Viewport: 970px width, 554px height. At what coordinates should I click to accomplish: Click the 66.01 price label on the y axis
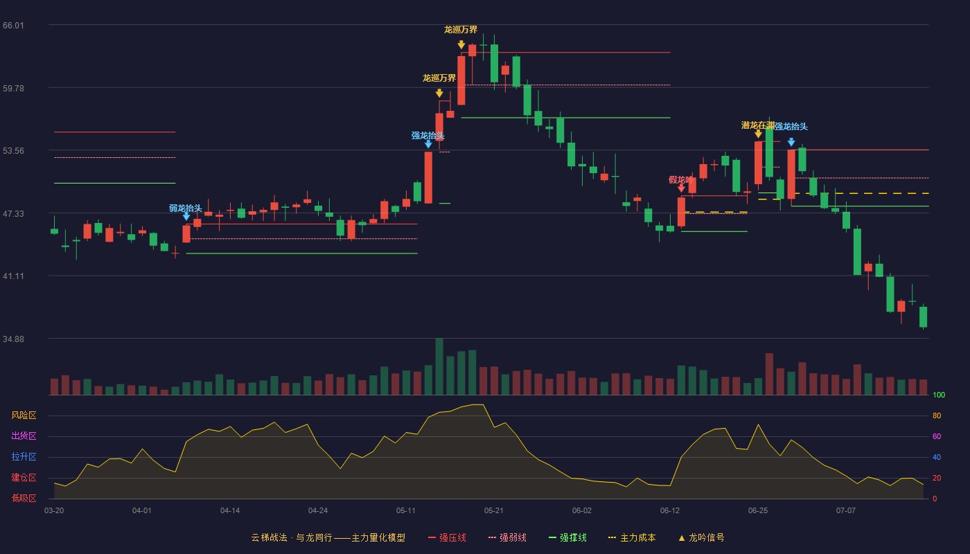13,26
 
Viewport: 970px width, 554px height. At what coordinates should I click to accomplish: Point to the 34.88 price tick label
13,339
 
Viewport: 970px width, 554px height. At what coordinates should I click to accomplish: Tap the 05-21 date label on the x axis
493,511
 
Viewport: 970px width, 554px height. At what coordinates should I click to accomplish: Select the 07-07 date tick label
846,511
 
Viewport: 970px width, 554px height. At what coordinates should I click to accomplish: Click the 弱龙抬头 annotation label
186,208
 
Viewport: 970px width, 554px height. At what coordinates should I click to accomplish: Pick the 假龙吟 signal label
680,179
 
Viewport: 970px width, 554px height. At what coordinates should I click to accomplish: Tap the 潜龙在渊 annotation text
758,125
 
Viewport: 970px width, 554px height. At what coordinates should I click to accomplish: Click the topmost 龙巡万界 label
461,29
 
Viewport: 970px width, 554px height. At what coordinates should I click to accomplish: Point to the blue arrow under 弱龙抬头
186,216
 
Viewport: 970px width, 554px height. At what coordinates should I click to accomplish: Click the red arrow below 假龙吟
681,188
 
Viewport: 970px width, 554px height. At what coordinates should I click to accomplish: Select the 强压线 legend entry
447,537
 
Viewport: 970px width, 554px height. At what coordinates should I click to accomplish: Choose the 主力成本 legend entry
632,537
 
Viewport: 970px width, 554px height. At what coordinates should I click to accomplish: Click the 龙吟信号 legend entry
701,537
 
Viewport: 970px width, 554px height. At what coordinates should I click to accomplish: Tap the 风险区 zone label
24,415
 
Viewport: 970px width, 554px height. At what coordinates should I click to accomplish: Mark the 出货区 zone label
24,436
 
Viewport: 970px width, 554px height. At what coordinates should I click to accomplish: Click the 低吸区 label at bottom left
24,498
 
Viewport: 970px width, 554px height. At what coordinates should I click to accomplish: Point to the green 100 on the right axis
939,395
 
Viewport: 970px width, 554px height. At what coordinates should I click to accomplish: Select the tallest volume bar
439,366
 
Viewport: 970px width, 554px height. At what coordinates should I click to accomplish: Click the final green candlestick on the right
923,317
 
